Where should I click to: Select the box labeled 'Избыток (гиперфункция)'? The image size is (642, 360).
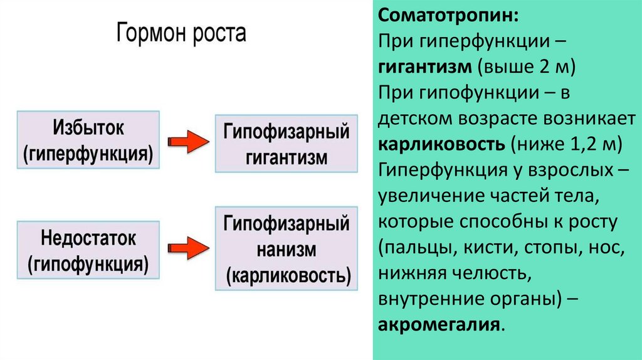point(88,141)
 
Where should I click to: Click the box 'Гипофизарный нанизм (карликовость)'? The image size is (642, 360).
point(286,249)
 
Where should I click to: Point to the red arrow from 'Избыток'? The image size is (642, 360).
point(187,142)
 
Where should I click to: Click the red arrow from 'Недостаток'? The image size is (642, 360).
point(187,247)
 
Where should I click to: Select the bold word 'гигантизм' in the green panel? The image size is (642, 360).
point(423,66)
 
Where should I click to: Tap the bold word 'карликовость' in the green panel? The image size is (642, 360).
point(440,144)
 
